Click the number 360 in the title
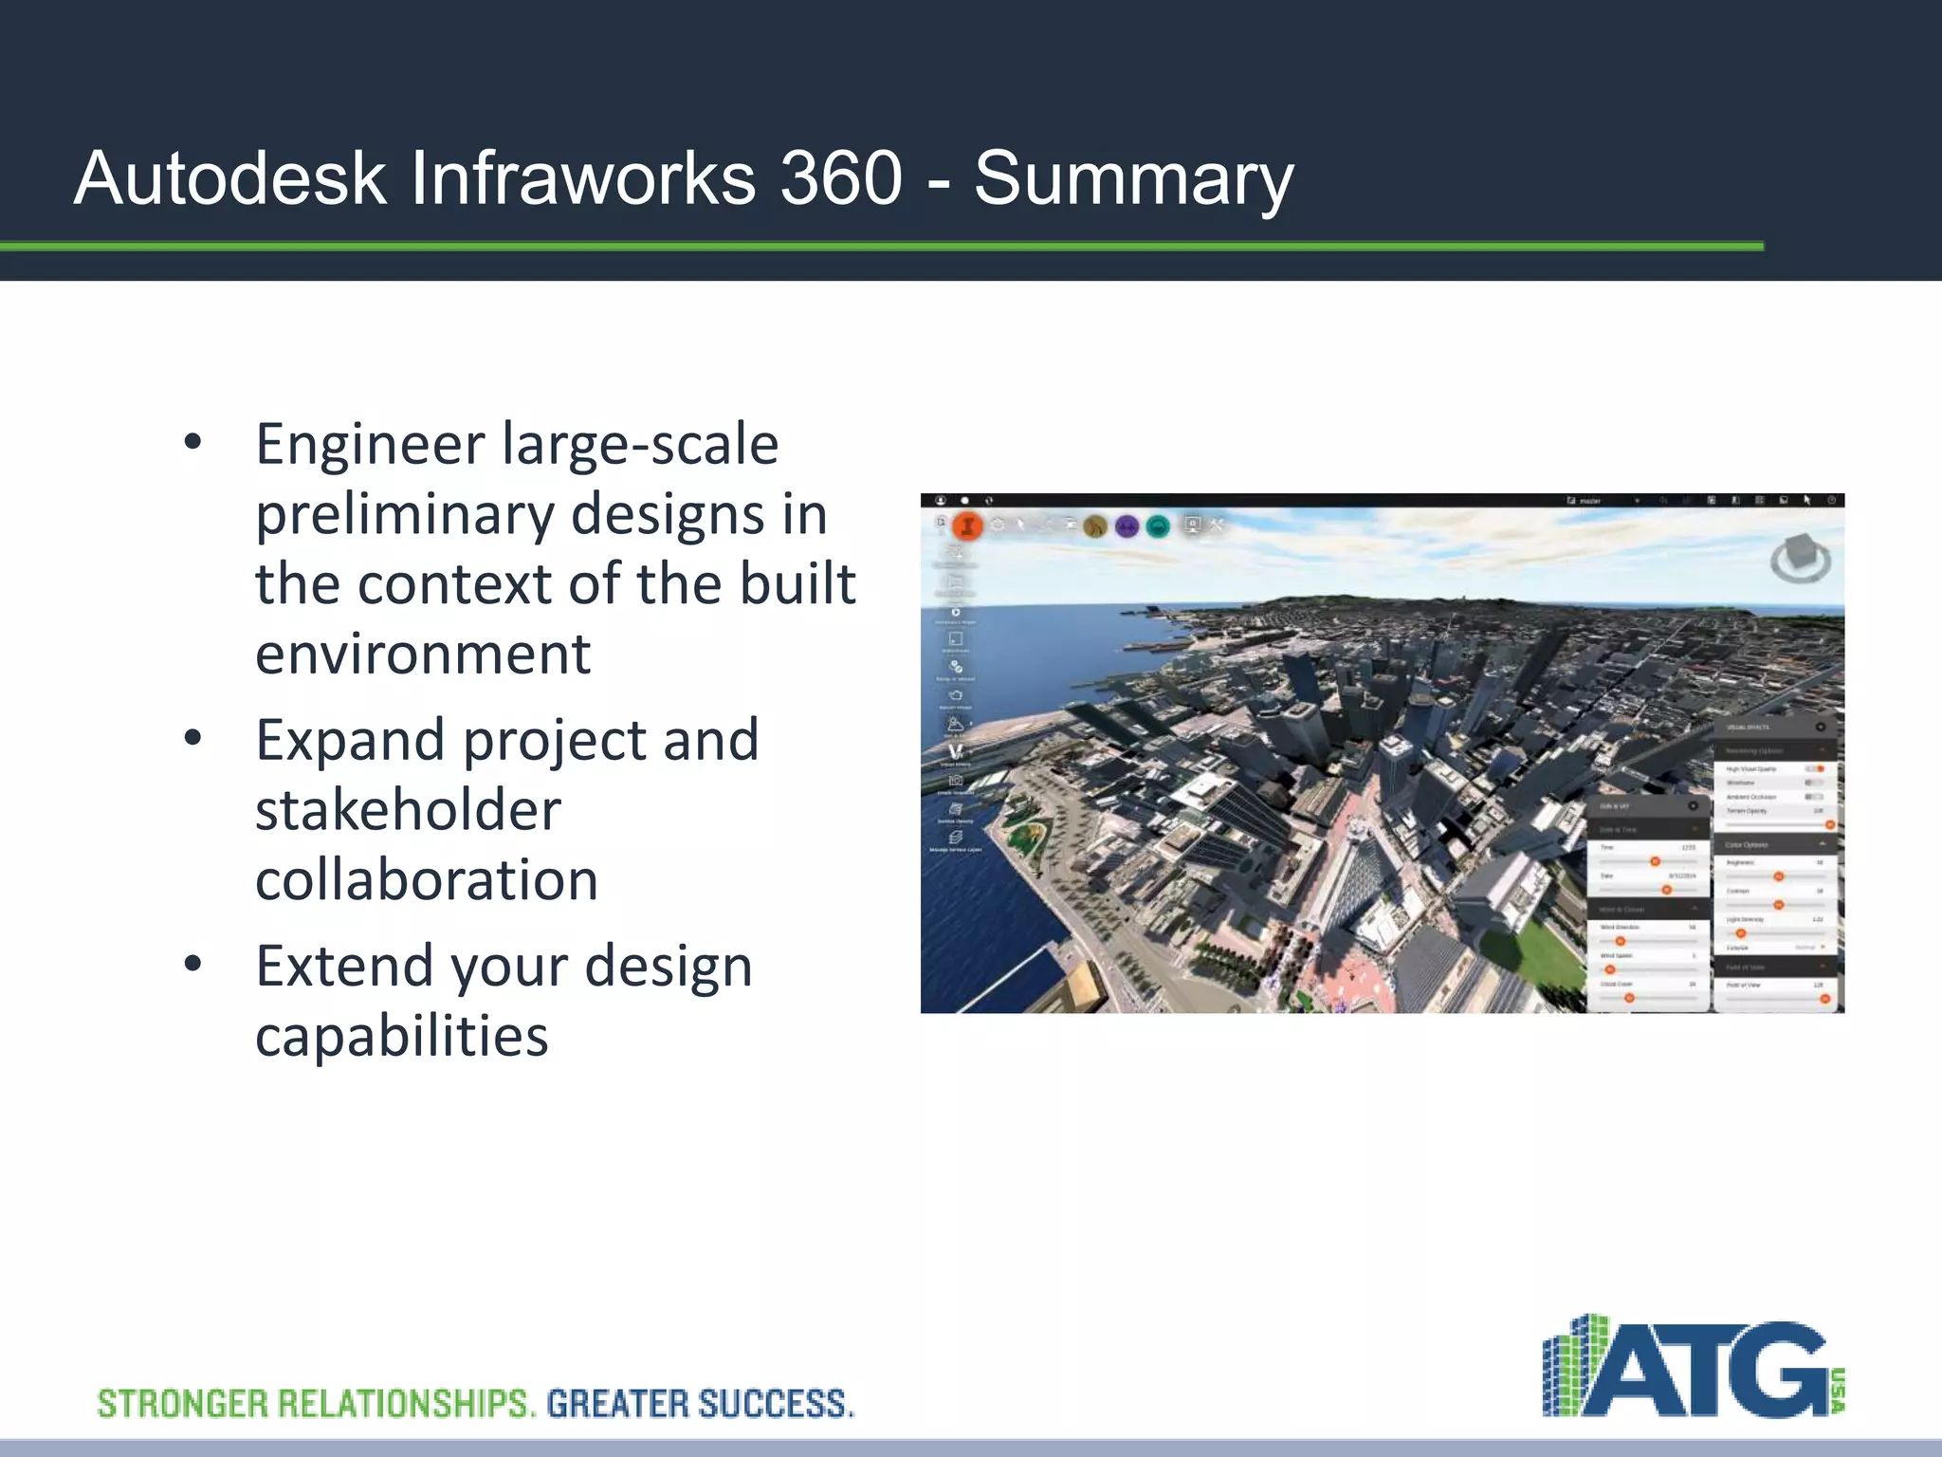coord(840,178)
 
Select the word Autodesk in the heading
coord(230,178)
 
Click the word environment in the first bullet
coord(423,654)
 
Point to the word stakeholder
coord(408,810)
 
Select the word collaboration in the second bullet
coord(427,879)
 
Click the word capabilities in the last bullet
coord(401,1035)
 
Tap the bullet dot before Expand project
coord(193,738)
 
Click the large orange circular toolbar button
coord(968,525)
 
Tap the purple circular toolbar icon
coord(1127,526)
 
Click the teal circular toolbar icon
coord(1158,526)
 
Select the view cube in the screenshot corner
coord(1800,559)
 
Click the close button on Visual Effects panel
coord(1820,727)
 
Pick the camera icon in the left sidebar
coord(956,780)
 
